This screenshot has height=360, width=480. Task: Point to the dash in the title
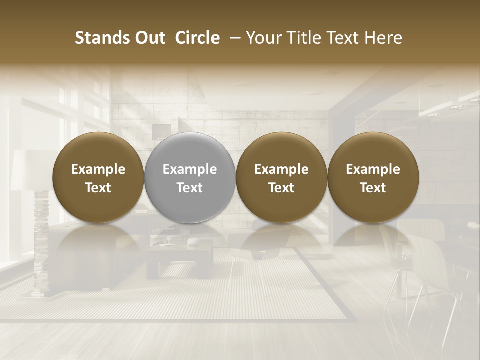pyautogui.click(x=233, y=38)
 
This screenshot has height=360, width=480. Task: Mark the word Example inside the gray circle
pyautogui.click(x=190, y=169)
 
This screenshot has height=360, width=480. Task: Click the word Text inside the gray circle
pyautogui.click(x=190, y=188)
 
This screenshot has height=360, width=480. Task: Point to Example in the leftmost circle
pyautogui.click(x=98, y=169)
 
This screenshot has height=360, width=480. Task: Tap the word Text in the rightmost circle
pyautogui.click(x=373, y=188)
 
